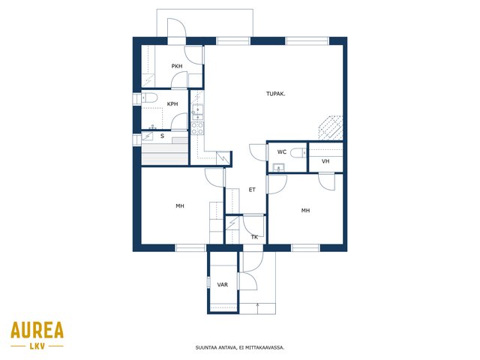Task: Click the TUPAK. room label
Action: point(275,94)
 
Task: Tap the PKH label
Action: point(177,66)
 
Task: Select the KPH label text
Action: point(172,104)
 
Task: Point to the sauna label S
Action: point(162,136)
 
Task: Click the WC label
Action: point(282,151)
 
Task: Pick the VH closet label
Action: point(325,161)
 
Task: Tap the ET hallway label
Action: point(252,190)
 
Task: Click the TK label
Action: point(254,237)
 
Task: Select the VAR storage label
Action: point(223,285)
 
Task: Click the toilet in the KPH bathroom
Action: point(149,97)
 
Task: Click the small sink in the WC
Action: point(278,168)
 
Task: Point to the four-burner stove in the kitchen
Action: point(196,128)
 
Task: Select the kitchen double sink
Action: point(197,112)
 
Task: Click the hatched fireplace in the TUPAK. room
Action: point(330,127)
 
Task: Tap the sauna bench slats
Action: point(165,154)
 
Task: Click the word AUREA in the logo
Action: point(37,330)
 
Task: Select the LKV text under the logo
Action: point(37,346)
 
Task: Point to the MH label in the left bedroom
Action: point(180,206)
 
